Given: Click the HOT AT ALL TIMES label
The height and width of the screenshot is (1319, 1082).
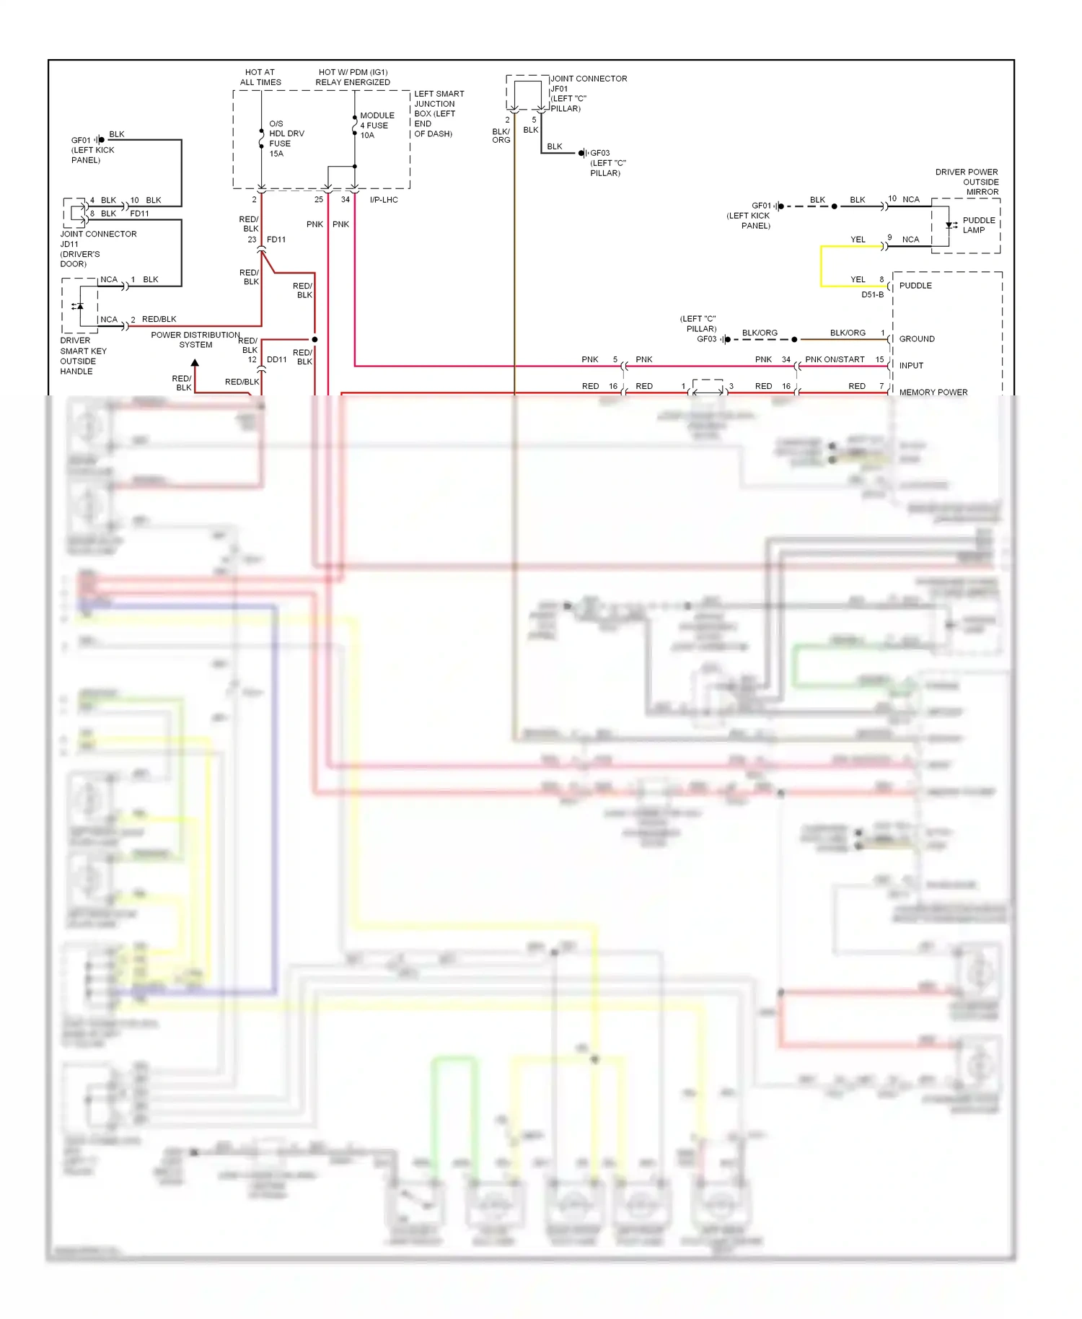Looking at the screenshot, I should (260, 77).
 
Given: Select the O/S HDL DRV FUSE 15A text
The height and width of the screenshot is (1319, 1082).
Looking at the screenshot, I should (286, 139).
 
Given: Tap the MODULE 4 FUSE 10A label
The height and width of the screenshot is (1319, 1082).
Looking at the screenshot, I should (377, 126).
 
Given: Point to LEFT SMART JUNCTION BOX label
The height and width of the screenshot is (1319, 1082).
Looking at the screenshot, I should (439, 114).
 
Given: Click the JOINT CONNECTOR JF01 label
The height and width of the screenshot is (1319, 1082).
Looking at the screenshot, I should (587, 93).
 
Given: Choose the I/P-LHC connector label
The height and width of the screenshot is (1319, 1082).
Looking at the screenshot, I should (384, 200).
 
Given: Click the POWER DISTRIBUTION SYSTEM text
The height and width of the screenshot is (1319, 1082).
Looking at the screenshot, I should (195, 340).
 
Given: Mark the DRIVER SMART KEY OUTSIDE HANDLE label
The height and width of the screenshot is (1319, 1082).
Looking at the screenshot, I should (83, 356).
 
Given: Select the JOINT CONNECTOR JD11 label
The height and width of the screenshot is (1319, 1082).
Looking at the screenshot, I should (97, 249).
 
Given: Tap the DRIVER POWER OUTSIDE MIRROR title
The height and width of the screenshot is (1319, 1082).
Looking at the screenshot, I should (967, 182).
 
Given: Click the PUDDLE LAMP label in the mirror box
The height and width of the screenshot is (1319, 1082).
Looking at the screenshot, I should (978, 225).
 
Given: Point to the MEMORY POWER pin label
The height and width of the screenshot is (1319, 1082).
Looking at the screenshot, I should (933, 393).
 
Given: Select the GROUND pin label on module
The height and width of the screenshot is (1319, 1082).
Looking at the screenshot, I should (916, 339).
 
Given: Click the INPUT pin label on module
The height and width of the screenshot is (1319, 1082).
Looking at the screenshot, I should (911, 366).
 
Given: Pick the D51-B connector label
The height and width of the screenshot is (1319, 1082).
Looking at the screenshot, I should (872, 295).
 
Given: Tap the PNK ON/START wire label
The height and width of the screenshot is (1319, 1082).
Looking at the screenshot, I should (835, 359).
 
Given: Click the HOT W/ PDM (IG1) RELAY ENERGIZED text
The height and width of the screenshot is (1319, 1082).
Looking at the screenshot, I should (353, 77).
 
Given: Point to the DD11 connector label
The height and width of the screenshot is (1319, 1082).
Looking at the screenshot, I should (277, 359).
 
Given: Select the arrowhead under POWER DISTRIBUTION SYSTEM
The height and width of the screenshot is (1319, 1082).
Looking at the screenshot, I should (195, 363).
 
